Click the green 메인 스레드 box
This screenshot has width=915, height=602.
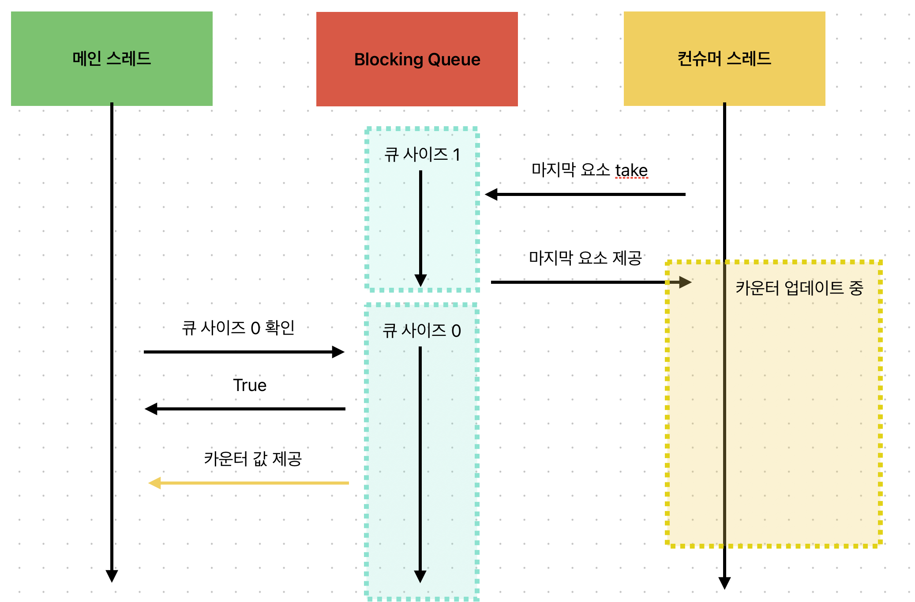click(112, 59)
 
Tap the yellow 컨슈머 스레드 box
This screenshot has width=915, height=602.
click(724, 59)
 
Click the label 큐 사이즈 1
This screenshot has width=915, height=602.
click(422, 154)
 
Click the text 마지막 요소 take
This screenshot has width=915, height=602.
click(589, 170)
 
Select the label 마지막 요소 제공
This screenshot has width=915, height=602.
click(585, 258)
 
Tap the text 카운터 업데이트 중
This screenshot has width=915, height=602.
click(799, 288)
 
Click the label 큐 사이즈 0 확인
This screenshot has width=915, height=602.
click(238, 328)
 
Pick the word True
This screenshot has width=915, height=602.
click(250, 385)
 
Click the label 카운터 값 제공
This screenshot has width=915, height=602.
click(253, 459)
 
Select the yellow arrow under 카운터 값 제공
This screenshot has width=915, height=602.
click(249, 483)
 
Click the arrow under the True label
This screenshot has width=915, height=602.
click(245, 409)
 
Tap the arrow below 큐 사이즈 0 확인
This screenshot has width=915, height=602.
click(244, 352)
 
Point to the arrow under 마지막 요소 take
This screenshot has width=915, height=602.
click(585, 194)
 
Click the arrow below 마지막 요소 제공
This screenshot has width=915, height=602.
click(591, 282)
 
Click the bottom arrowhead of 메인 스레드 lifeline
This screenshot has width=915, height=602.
click(112, 576)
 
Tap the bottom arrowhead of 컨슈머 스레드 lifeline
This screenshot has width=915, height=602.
click(724, 583)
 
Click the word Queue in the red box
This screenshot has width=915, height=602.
click(454, 60)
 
